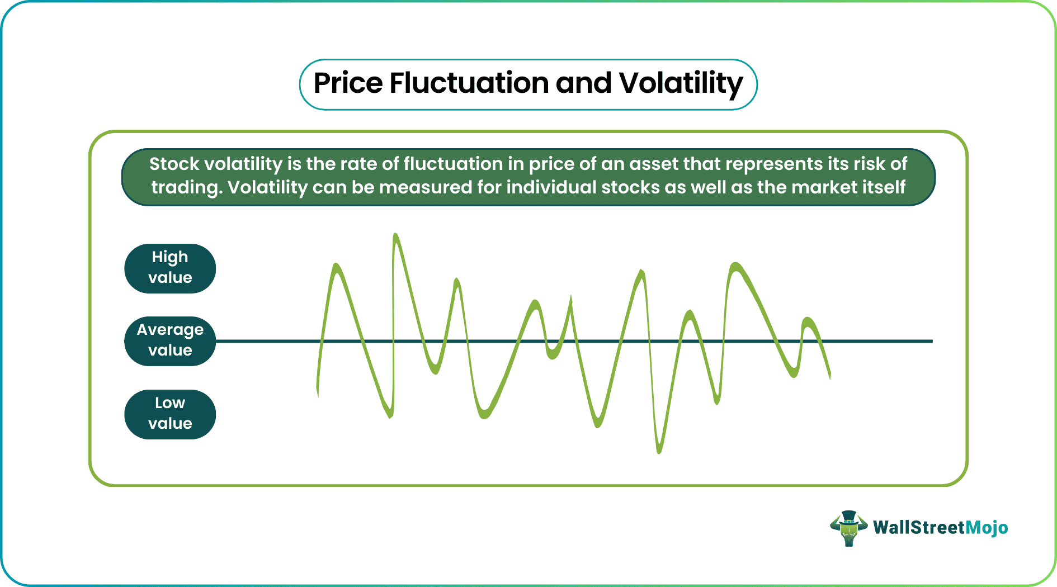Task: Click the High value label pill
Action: (x=170, y=268)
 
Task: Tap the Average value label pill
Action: (x=170, y=341)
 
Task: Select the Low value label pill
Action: (x=170, y=414)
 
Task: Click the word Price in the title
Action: (x=348, y=84)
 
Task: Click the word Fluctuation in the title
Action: (x=469, y=84)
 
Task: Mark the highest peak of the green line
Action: (x=396, y=236)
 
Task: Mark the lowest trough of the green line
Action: (x=659, y=451)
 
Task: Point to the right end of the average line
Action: (x=931, y=341)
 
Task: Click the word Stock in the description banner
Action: (x=174, y=164)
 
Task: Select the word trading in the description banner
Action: (x=187, y=187)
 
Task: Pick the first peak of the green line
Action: (x=336, y=266)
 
